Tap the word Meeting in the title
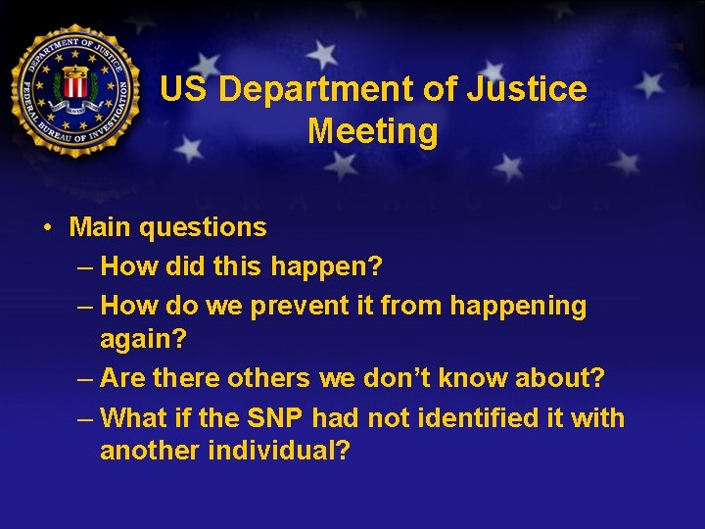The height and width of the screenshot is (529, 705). pos(373,130)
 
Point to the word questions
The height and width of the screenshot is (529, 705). pos(203,228)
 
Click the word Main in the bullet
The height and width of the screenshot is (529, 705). pos(100,227)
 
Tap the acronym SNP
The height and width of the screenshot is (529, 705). pos(275,418)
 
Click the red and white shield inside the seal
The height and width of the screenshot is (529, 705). pos(74,85)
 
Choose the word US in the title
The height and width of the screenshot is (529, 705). pos(183,90)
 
